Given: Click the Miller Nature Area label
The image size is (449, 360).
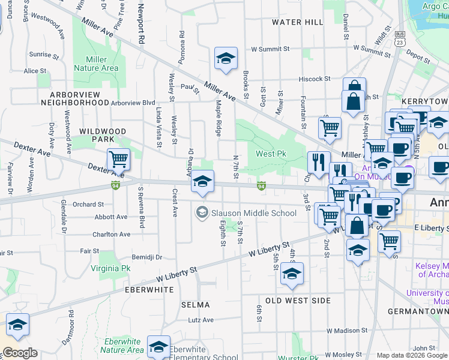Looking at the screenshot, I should (96, 64).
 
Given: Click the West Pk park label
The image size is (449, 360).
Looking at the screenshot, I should (271, 154).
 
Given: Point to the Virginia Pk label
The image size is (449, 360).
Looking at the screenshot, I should (110, 268).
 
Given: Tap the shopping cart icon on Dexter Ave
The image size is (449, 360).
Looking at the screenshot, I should (118, 159).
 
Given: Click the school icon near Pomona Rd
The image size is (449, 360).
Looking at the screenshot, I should (226, 58).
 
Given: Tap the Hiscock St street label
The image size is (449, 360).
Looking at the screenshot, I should (315, 79).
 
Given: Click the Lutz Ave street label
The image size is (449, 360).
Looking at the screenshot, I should (200, 320).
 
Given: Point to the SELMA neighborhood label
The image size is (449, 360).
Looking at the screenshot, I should (196, 305).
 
